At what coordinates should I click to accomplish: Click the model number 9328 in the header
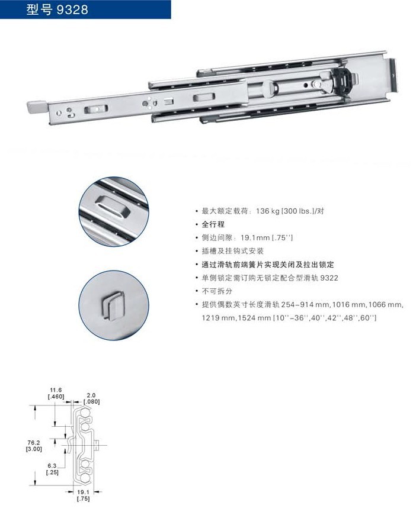click(x=72, y=9)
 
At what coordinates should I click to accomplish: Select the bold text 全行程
click(x=213, y=224)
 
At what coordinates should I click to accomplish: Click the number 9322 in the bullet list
click(x=329, y=278)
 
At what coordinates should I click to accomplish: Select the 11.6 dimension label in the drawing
click(x=56, y=390)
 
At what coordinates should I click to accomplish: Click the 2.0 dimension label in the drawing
click(x=91, y=395)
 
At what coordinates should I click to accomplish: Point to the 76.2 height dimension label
click(x=34, y=443)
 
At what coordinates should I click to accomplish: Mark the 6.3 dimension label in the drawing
click(x=52, y=466)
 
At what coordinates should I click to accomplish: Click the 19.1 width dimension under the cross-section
click(x=83, y=492)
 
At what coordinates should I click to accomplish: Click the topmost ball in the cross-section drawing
click(x=85, y=412)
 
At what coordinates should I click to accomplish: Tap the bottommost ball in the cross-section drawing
click(x=85, y=478)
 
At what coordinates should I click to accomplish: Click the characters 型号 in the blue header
click(x=39, y=9)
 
